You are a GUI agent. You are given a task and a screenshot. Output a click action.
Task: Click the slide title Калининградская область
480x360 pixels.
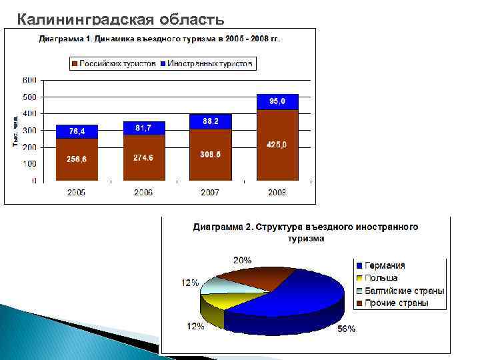pyautogui.click(x=125, y=18)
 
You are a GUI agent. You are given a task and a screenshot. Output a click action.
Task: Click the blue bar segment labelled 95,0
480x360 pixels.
pyautogui.click(x=277, y=102)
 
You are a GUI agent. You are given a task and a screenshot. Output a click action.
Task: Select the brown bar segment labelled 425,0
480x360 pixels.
pyautogui.click(x=277, y=145)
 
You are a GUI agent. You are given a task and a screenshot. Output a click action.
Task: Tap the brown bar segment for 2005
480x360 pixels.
pyautogui.click(x=77, y=159)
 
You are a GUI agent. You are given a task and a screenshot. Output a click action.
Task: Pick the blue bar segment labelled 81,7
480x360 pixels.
pyautogui.click(x=143, y=127)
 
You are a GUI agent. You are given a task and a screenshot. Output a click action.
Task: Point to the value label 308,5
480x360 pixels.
pyautogui.click(x=211, y=154)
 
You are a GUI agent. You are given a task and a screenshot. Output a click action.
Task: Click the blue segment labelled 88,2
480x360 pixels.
pyautogui.click(x=211, y=121)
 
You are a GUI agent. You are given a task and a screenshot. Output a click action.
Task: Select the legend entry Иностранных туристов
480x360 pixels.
pyautogui.click(x=207, y=64)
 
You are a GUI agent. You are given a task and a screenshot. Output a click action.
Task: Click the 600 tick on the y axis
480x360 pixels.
pyautogui.click(x=29, y=80)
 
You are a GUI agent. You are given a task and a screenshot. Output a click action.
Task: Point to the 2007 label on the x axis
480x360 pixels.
pyautogui.click(x=211, y=192)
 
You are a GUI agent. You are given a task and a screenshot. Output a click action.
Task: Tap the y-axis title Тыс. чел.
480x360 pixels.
pyautogui.click(x=15, y=131)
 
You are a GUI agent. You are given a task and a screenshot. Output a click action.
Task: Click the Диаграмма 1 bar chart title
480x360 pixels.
pyautogui.click(x=159, y=39)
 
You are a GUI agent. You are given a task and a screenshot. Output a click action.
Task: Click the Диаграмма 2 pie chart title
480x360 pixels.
pyautogui.click(x=305, y=232)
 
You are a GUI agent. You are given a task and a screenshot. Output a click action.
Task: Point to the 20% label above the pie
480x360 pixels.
pyautogui.click(x=242, y=260)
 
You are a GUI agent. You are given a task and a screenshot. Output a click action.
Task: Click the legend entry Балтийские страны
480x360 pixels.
pyautogui.click(x=401, y=291)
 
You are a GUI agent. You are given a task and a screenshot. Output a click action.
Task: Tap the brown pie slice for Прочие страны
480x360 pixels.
pyautogui.click(x=253, y=277)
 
